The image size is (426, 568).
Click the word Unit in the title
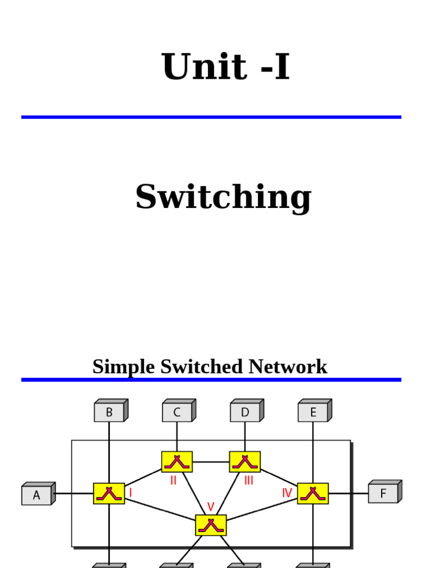coord(204,67)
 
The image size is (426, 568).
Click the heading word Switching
coord(223,197)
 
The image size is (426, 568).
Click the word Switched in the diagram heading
coord(203,367)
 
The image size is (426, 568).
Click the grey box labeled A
coord(37,495)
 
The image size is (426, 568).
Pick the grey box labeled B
coord(109,412)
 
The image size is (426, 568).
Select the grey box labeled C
coord(177,412)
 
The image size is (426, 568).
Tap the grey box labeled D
coord(245,412)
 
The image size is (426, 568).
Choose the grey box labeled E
coord(313,412)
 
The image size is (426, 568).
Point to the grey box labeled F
coord(383,493)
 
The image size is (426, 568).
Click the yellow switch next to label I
coord(109,493)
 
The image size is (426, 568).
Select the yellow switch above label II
coord(177,461)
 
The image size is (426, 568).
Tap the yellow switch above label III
coord(245,461)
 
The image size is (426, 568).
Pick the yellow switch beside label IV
coord(313,493)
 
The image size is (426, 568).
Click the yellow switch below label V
coord(211,525)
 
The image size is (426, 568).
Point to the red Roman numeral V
coord(211,506)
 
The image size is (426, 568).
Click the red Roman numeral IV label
coord(287,493)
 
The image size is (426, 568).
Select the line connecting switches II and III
coord(211,461)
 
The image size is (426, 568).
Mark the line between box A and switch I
coord(74,493)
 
